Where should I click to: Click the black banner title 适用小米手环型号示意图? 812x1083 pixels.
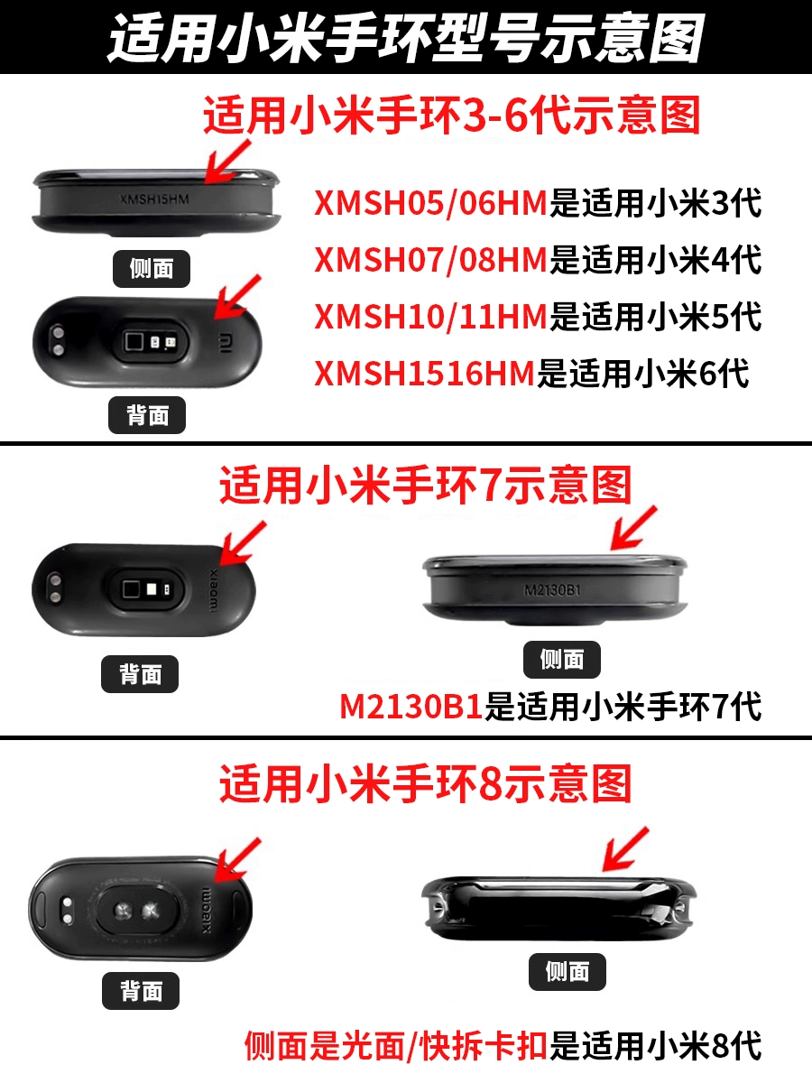[x=405, y=38]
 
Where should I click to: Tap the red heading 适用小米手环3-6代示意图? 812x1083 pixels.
[x=452, y=116]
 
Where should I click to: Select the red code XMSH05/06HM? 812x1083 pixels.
[x=431, y=203]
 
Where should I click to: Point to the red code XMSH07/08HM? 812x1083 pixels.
[x=431, y=260]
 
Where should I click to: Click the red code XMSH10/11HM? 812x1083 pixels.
[x=431, y=316]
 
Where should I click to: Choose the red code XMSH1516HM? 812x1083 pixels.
[x=424, y=373]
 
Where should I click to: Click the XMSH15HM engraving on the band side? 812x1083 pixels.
[x=154, y=199]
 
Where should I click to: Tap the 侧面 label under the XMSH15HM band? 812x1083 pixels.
[x=152, y=269]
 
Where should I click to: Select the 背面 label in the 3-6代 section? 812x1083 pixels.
[x=147, y=415]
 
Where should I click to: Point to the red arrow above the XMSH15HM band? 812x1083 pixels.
[x=227, y=162]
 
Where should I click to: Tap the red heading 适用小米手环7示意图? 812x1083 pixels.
[x=426, y=486]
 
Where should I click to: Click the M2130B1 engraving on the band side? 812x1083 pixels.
[x=552, y=589]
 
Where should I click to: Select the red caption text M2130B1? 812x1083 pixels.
[x=411, y=707]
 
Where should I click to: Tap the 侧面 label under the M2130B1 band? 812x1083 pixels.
[x=562, y=659]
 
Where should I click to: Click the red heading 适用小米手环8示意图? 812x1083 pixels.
[x=426, y=784]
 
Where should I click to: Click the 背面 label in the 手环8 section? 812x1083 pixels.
[x=141, y=991]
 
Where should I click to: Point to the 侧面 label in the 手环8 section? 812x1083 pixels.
[x=567, y=971]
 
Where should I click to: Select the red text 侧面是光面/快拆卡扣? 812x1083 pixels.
[x=396, y=1045]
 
